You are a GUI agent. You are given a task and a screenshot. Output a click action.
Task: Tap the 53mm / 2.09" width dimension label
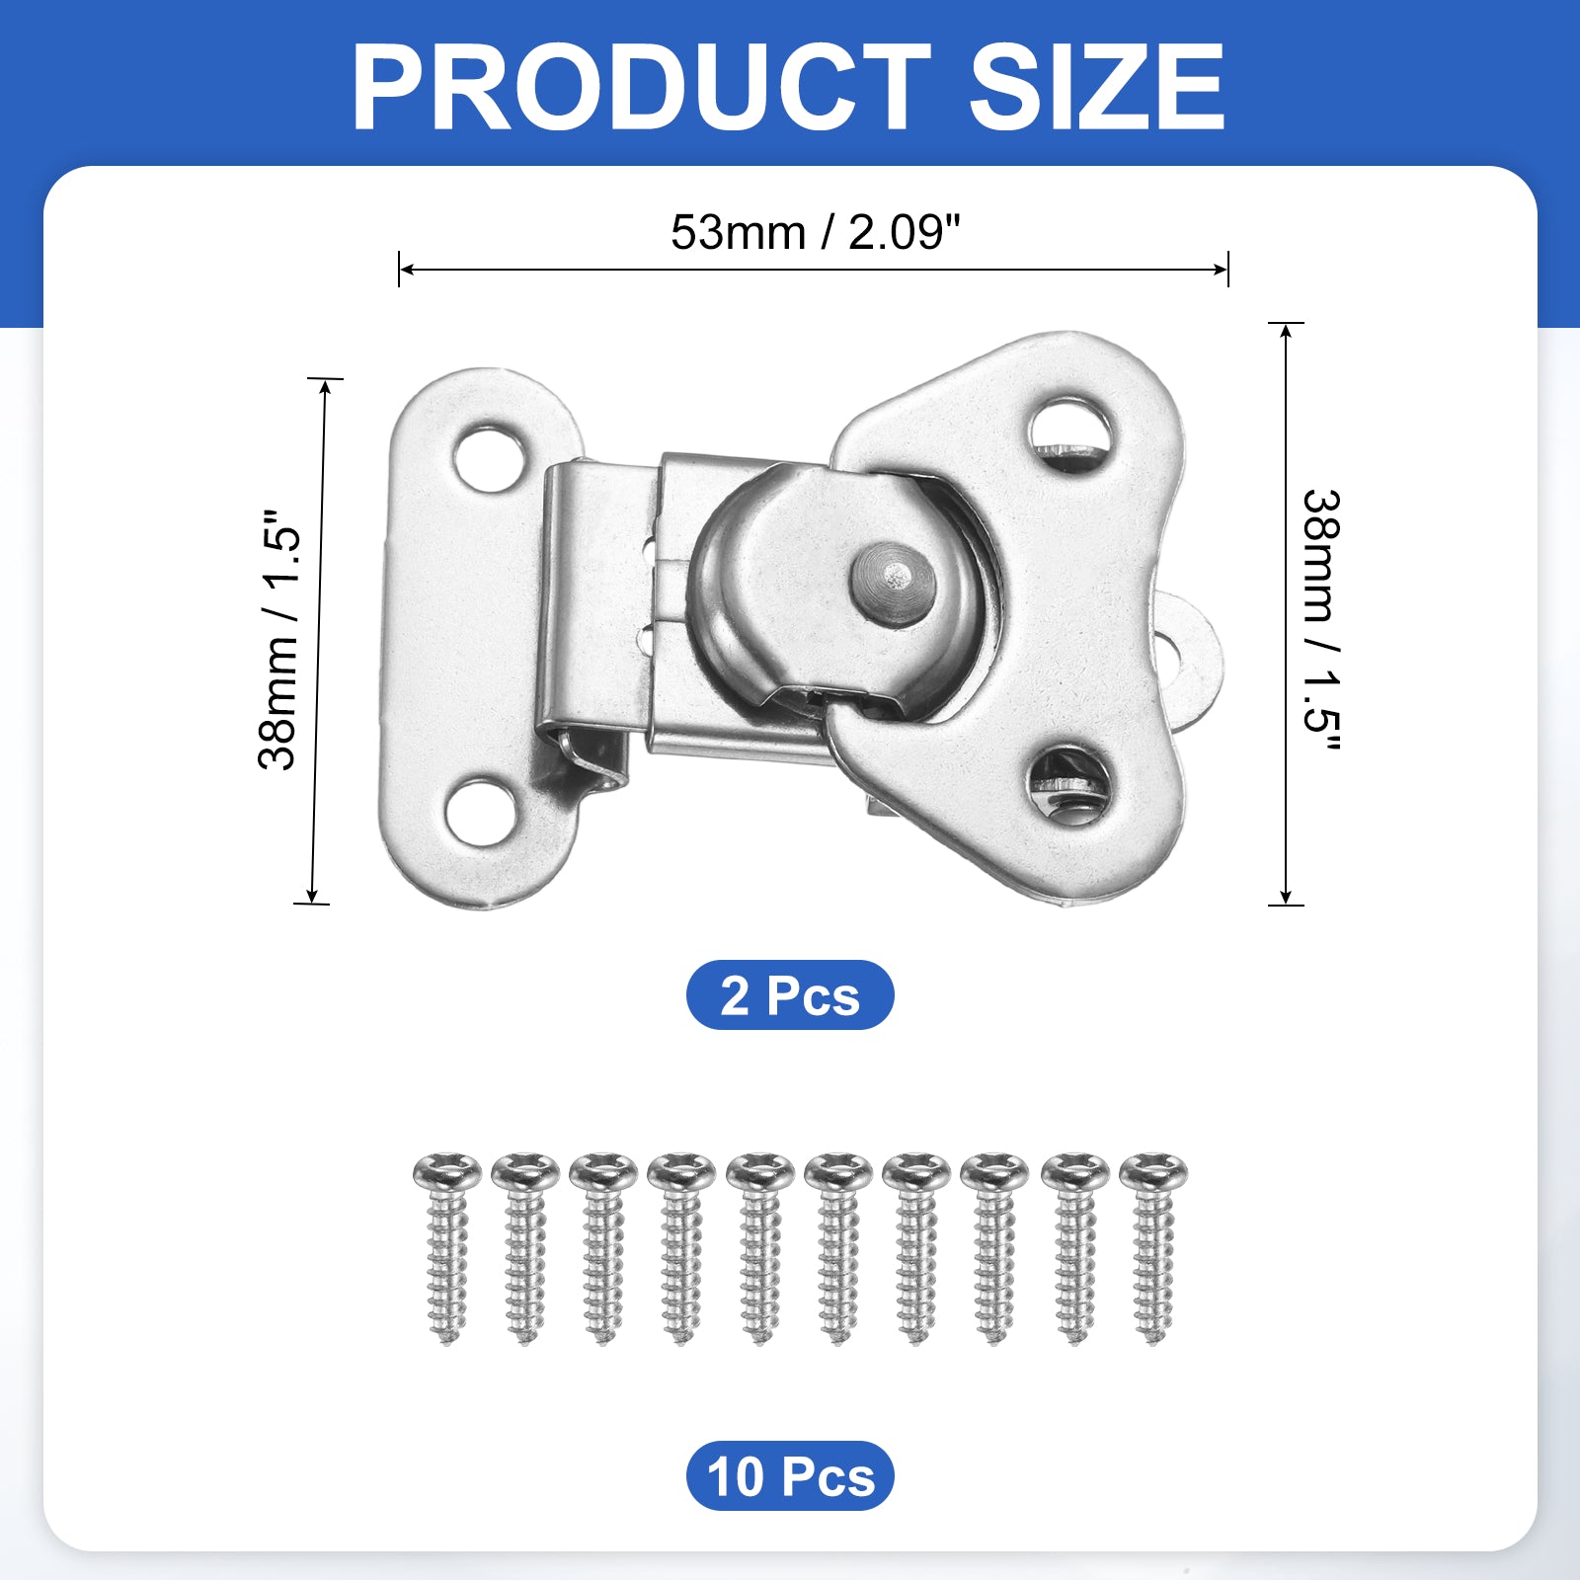click(x=815, y=233)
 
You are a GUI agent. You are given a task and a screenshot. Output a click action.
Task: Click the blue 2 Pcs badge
click(x=790, y=994)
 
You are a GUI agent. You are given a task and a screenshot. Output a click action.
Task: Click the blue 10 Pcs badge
click(x=790, y=1476)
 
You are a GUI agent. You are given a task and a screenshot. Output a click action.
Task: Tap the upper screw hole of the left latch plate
click(x=489, y=458)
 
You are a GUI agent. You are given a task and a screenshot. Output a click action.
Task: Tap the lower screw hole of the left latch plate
click(x=481, y=812)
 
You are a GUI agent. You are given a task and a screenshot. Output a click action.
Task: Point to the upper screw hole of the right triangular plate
click(x=1070, y=434)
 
